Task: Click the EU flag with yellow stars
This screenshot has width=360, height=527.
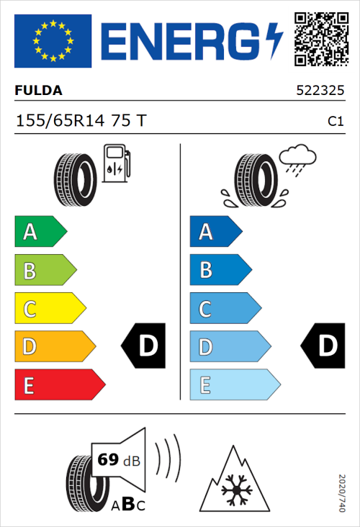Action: pyautogui.click(x=53, y=41)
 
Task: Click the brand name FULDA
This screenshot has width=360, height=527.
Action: pyautogui.click(x=38, y=91)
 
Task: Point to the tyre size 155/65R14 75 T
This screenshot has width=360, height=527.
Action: pyautogui.click(x=81, y=121)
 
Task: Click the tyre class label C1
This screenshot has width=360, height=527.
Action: pyautogui.click(x=335, y=122)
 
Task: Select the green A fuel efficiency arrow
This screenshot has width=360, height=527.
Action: pyautogui.click(x=40, y=232)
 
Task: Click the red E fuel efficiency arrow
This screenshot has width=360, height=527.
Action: pyautogui.click(x=58, y=385)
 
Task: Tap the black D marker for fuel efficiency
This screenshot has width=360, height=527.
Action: pyautogui.click(x=144, y=346)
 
